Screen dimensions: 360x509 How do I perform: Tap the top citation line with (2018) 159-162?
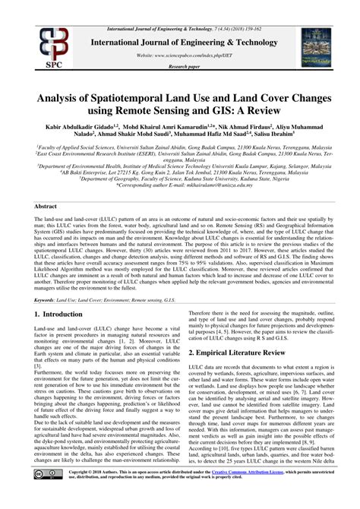pos(180,5)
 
